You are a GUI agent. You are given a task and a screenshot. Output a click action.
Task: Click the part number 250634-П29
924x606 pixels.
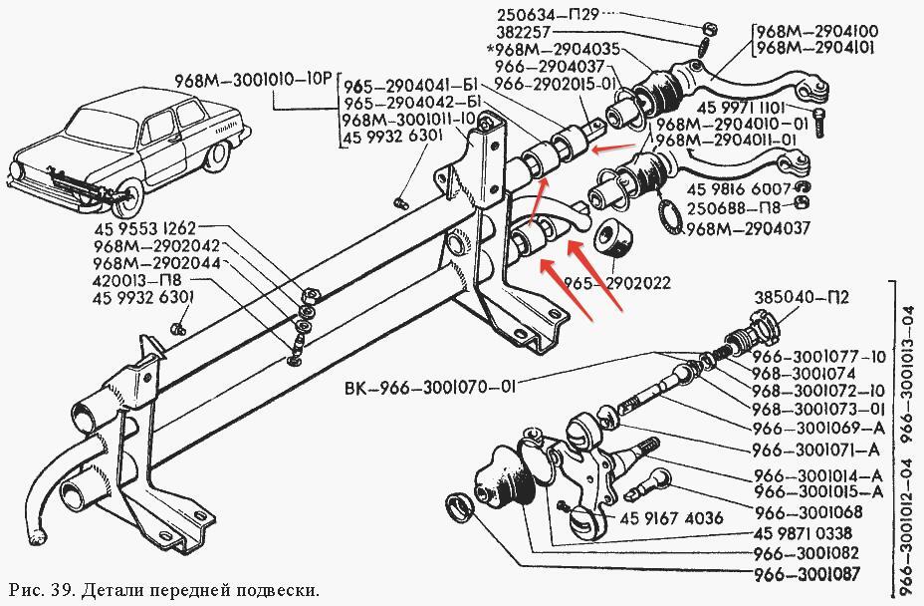[x=548, y=14]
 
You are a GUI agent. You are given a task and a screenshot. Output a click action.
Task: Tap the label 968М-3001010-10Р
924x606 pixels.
[x=253, y=81]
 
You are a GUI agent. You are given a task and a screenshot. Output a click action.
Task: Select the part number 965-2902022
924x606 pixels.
[x=617, y=283]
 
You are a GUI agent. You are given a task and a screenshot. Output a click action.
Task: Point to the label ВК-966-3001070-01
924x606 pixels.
[x=430, y=388]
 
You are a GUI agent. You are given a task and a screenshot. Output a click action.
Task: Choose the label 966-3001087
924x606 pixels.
[x=807, y=573]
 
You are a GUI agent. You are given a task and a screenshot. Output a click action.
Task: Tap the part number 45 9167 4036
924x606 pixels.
[x=671, y=518]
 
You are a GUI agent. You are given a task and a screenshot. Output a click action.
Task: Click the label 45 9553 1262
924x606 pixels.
[x=144, y=228]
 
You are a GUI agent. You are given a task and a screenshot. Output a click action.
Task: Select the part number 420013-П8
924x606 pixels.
[x=137, y=280]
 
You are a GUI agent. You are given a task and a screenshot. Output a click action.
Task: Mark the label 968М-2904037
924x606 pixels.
[x=747, y=228]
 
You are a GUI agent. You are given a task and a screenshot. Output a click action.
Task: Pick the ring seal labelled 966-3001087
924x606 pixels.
[x=460, y=507]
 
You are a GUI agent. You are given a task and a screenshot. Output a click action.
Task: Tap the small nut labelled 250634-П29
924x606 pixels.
[x=710, y=28]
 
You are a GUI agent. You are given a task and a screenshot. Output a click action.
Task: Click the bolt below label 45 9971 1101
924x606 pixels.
[x=819, y=124]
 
